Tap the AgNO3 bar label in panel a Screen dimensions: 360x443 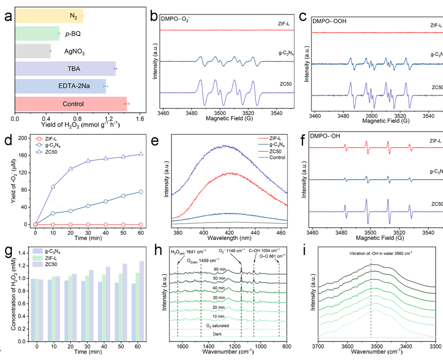(75, 52)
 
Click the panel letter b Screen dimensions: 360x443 (154, 16)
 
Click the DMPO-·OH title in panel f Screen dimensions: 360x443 (331, 137)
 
